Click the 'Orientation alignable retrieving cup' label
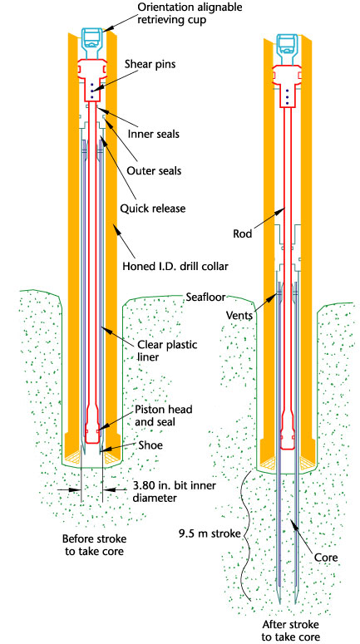pos(190,13)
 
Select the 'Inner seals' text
pos(153,134)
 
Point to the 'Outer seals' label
pos(154,170)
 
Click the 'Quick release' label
pos(153,209)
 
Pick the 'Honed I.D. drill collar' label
pos(175,266)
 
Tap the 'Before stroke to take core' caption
pos(94,544)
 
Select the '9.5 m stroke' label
pos(210,534)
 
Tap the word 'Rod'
pos(242,233)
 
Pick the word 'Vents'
pos(239,316)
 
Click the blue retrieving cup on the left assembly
pos(94,43)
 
